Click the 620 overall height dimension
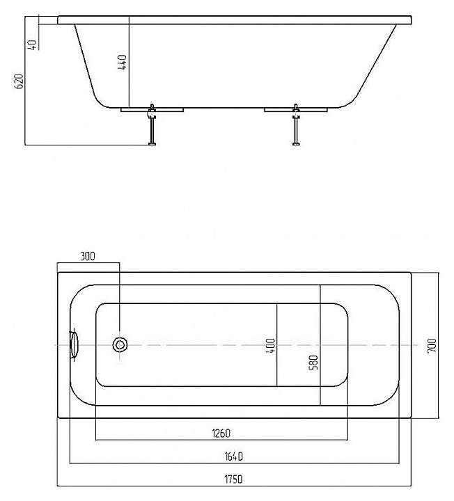[x=19, y=81]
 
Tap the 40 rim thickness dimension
[x=32, y=45]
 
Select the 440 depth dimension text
[x=122, y=63]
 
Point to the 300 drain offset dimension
[x=87, y=256]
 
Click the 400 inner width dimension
[x=270, y=346]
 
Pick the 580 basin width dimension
[x=314, y=363]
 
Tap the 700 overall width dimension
[x=432, y=345]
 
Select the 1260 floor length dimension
[x=221, y=434]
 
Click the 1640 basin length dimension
[x=234, y=456]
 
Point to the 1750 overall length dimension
[x=234, y=479]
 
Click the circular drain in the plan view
[x=120, y=344]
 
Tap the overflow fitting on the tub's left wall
[x=74, y=344]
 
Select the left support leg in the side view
[x=152, y=125]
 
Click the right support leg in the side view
[x=296, y=125]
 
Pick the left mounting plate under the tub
[x=152, y=110]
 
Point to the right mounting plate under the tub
[x=296, y=110]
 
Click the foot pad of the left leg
[x=152, y=144]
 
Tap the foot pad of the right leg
[x=296, y=144]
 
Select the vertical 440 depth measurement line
[x=129, y=62]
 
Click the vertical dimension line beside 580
[x=320, y=345]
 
